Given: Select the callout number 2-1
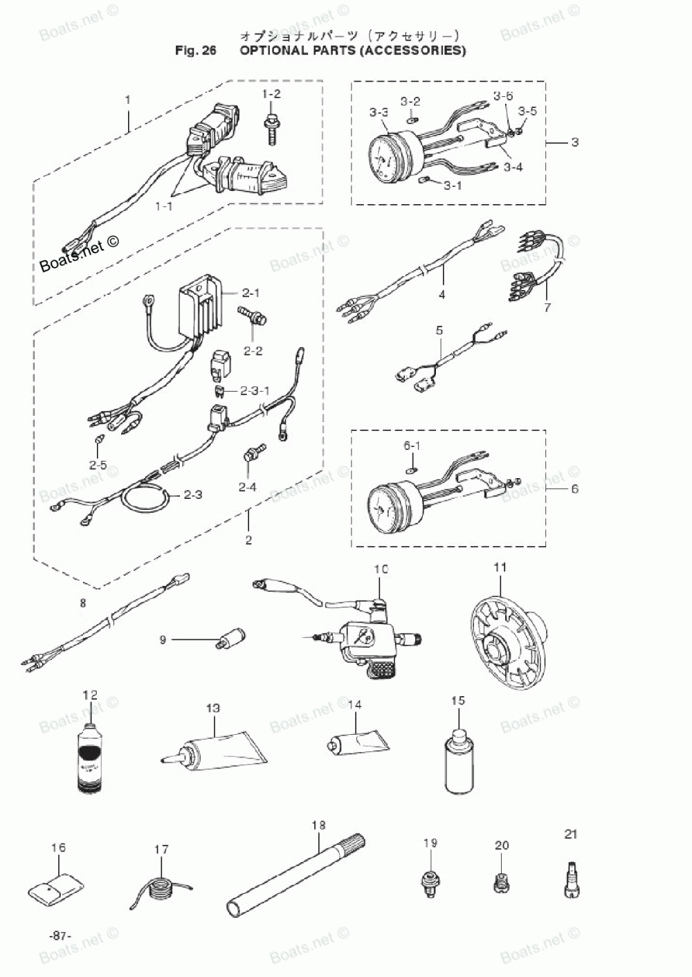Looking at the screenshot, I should pyautogui.click(x=251, y=293).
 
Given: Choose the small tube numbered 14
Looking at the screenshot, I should pyautogui.click(x=356, y=745).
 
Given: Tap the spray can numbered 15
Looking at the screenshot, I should pyautogui.click(x=457, y=761).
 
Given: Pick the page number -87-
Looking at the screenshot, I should pyautogui.click(x=60, y=935).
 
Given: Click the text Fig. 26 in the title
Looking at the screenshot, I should pyautogui.click(x=196, y=51).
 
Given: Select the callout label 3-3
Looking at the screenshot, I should pyautogui.click(x=379, y=112).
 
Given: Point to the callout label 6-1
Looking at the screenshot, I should pyautogui.click(x=412, y=446).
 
